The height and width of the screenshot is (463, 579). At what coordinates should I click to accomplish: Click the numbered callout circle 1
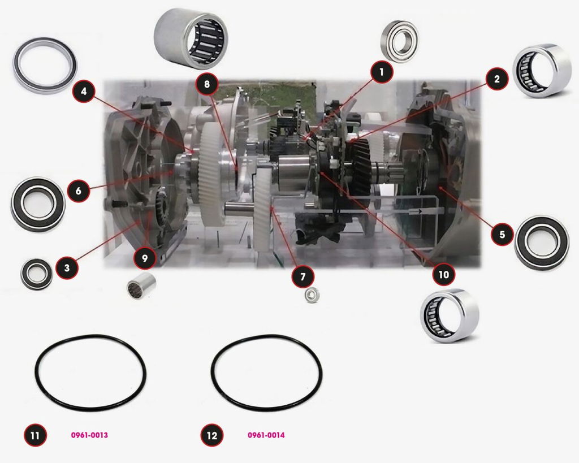[382, 72]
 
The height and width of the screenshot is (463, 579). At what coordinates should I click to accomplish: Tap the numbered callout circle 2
[496, 79]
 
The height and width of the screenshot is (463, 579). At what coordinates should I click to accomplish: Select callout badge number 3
[67, 267]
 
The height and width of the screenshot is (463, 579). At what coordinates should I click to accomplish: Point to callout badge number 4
[84, 91]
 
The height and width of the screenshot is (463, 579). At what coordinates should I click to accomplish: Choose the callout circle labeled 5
[502, 234]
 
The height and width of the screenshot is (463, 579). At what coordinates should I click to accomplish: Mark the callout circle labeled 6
[79, 191]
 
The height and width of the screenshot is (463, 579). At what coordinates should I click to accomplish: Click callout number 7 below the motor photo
[303, 276]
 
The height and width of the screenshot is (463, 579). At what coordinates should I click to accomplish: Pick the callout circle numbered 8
[207, 84]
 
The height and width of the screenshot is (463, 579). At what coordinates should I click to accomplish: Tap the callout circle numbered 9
[144, 258]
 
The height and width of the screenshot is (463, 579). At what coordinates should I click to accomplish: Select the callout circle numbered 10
[443, 274]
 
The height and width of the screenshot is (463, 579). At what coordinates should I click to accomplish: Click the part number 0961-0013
[89, 435]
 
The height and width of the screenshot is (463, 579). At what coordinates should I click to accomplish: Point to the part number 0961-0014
[266, 435]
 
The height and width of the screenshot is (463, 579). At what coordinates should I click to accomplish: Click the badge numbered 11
[35, 435]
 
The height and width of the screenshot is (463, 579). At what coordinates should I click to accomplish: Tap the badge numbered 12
[212, 435]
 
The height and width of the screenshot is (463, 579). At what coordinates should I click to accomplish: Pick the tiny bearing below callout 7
[312, 295]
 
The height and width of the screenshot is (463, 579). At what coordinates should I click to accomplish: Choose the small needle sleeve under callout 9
[141, 286]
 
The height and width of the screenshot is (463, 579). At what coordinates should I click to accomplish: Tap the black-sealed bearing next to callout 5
[542, 243]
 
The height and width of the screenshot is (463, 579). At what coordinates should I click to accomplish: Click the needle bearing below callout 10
[450, 315]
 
